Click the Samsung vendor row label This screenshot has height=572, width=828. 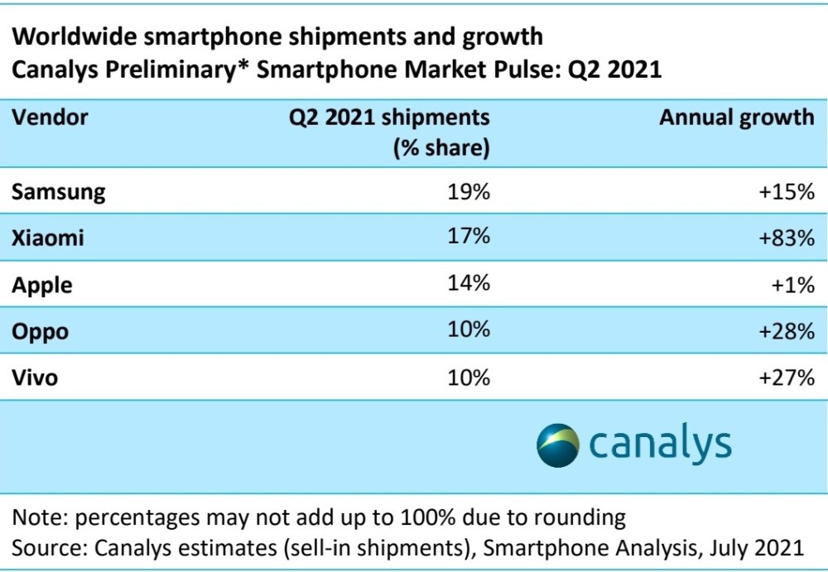(59, 192)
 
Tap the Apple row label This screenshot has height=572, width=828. (42, 286)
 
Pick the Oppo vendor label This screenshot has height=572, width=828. (40, 332)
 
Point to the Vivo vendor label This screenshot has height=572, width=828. (36, 378)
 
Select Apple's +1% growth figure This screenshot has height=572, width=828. (792, 286)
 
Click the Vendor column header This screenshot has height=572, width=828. (50, 118)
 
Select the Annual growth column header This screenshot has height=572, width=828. (736, 118)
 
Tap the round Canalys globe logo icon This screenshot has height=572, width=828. (557, 445)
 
